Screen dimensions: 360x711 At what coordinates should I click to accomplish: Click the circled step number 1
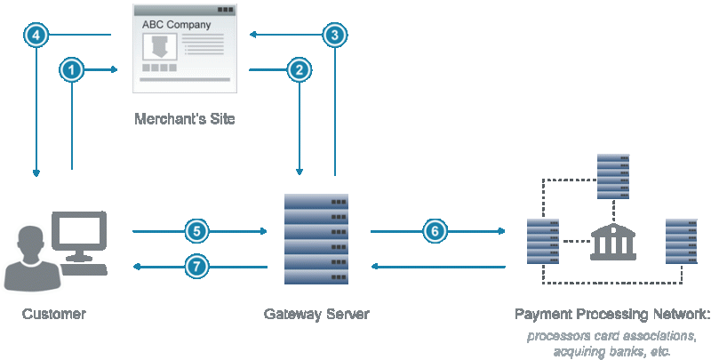tap(72, 68)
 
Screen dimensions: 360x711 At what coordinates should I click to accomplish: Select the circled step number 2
tap(300, 68)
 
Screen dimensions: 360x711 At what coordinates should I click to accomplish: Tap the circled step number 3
tap(334, 35)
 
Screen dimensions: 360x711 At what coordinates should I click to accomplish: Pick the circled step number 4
tap(36, 35)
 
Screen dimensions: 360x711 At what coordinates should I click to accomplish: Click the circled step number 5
tap(197, 231)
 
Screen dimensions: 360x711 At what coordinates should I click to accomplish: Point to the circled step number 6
tap(434, 231)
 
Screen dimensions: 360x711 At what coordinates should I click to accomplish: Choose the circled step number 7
tap(197, 266)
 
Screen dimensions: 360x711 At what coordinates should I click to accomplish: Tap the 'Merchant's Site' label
tap(185, 118)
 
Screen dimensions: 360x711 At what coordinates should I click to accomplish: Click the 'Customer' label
tap(54, 314)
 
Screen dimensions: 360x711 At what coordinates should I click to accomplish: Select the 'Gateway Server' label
tap(316, 314)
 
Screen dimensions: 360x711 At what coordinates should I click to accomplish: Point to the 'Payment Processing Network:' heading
tap(612, 314)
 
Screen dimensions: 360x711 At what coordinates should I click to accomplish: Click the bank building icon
tap(613, 241)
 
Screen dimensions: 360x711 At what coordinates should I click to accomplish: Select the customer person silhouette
tap(30, 259)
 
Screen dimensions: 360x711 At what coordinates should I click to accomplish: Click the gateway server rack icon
tap(316, 237)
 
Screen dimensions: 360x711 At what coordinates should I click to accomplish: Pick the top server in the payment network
tap(613, 177)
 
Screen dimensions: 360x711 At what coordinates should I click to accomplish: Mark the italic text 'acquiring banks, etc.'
tap(612, 351)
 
